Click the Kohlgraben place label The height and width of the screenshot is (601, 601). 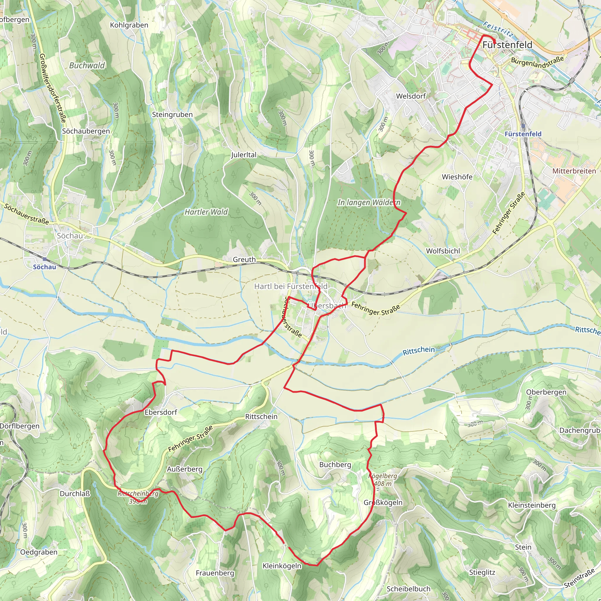129,25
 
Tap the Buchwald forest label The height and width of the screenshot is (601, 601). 87,65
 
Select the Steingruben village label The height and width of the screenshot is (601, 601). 172,114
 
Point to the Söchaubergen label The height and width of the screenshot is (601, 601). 86,131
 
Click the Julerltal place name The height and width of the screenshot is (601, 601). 244,155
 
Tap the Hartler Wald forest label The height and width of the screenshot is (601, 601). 206,212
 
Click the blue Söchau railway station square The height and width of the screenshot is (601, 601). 45,259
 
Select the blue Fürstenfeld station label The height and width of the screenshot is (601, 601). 523,134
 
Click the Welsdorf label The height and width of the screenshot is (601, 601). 411,96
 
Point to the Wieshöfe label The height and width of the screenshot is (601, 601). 457,177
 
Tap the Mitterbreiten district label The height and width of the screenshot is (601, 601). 574,171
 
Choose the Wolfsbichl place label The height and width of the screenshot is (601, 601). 443,251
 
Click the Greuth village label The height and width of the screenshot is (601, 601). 244,259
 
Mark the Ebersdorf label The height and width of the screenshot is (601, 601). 161,412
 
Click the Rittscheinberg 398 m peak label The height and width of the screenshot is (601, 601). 138,497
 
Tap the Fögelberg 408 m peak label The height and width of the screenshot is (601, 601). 383,480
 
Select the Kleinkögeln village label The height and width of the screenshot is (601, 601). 282,566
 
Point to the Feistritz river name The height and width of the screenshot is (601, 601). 497,29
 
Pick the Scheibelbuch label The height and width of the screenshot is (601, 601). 408,589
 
